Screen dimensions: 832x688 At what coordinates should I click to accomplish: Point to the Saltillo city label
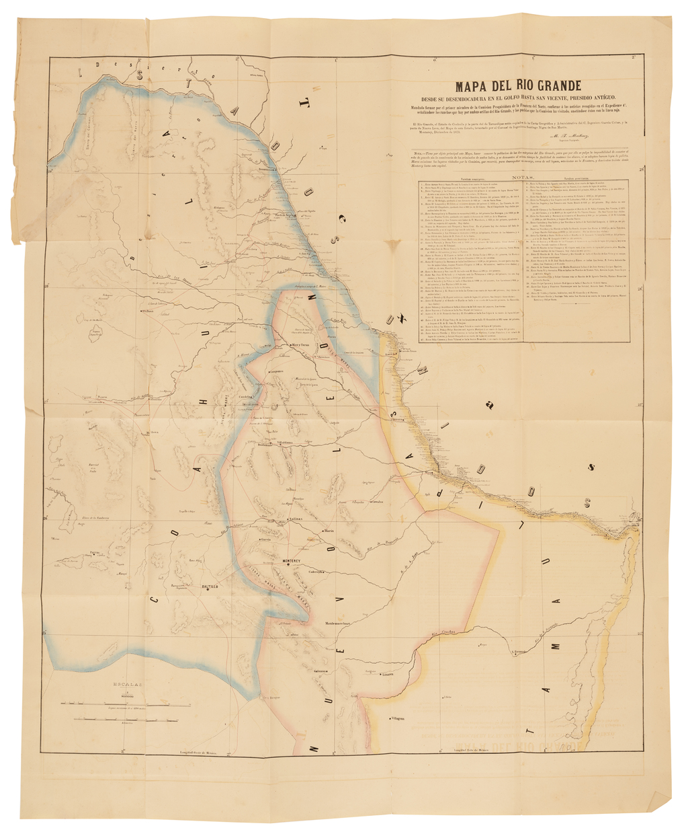coord(210,587)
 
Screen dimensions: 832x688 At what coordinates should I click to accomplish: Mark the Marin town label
coord(329,531)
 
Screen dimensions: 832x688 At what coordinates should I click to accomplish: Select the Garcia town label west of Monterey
coord(266,539)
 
